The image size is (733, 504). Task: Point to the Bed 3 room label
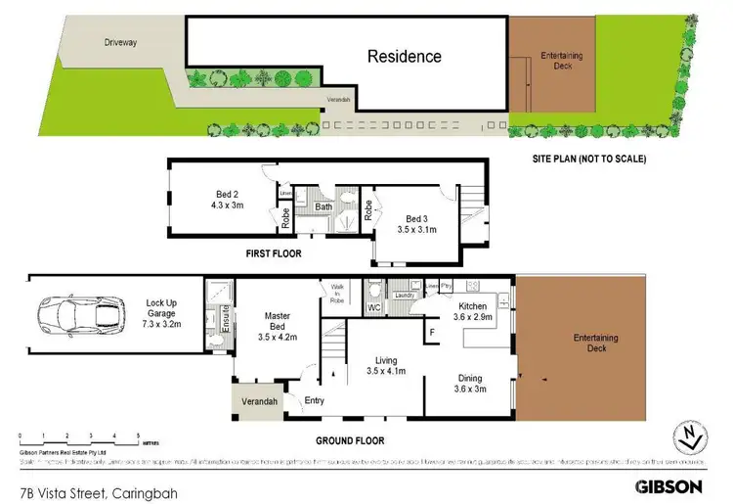(x=416, y=224)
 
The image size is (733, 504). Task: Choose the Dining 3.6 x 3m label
(x=469, y=383)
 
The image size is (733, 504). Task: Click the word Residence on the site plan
(x=404, y=56)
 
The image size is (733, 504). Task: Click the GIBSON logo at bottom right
(x=668, y=485)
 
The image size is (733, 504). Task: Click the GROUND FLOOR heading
(x=349, y=440)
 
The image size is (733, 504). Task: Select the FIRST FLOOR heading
(x=274, y=253)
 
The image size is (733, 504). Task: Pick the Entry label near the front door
(x=315, y=400)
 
